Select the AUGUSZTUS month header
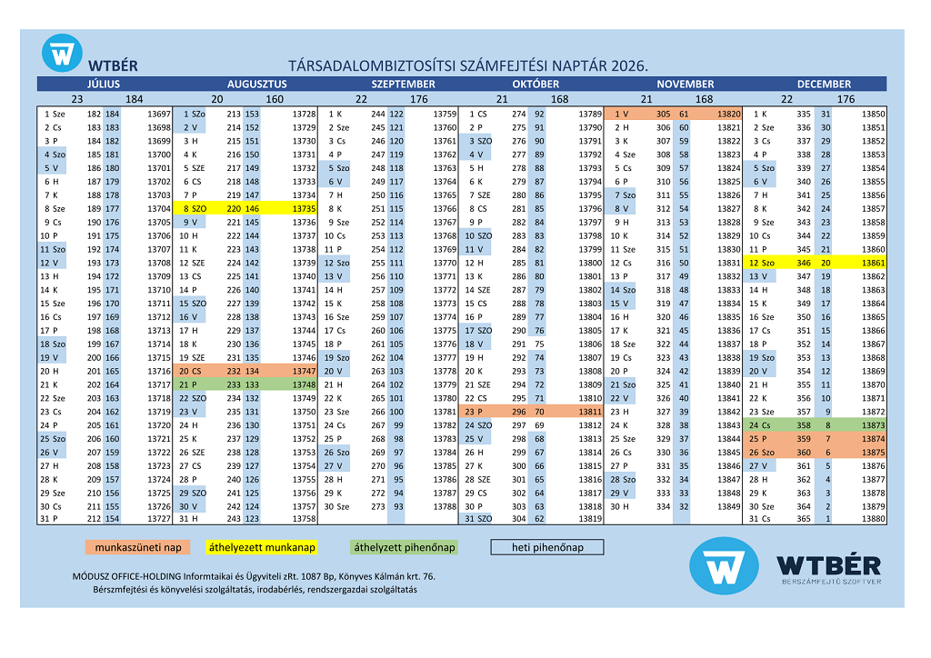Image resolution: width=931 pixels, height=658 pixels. click(x=256, y=84)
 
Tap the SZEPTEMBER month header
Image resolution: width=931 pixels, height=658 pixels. click(x=403, y=84)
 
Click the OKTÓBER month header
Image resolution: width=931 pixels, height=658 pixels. click(x=536, y=84)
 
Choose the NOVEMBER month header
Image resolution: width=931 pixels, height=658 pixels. click(x=685, y=84)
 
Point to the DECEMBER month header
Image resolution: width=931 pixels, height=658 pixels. click(x=825, y=84)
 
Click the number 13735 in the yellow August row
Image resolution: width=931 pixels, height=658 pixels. click(x=303, y=208)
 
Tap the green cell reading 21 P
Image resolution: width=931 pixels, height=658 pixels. click(x=190, y=384)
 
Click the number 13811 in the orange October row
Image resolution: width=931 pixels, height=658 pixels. click(x=589, y=412)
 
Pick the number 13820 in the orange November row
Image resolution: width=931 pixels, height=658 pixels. click(x=728, y=114)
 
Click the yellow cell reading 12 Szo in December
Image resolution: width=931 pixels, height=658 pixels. click(x=762, y=263)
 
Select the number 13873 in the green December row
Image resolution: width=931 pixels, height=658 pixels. click(x=872, y=425)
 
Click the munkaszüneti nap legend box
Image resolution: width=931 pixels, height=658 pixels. click(x=138, y=547)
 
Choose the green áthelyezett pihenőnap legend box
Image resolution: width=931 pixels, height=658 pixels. click(x=404, y=547)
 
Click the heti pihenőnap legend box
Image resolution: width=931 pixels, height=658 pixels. click(x=547, y=547)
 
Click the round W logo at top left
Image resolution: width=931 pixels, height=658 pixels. click(x=62, y=54)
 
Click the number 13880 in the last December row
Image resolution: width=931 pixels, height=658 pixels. click(x=872, y=519)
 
